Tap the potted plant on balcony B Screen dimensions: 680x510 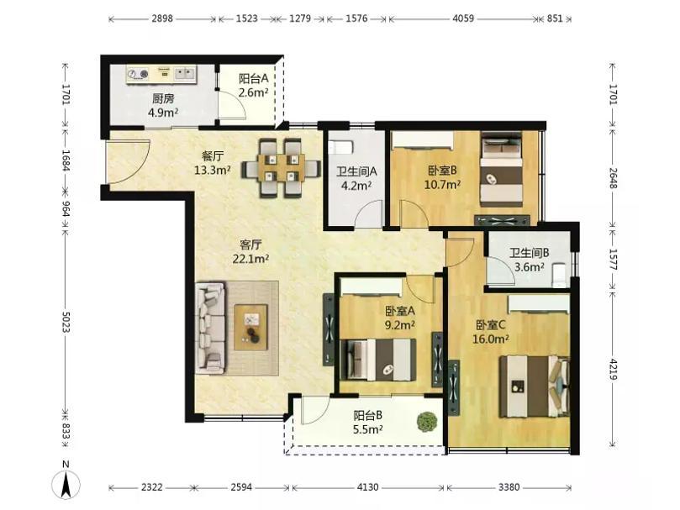[427, 421]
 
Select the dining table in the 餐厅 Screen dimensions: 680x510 [282, 167]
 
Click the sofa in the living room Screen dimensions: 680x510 [211, 328]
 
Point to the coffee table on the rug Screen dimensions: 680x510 [250, 327]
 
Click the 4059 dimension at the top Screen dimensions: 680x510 [463, 18]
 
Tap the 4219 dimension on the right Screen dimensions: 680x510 [613, 369]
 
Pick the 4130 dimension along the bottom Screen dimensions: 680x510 [367, 487]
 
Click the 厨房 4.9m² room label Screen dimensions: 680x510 [163, 106]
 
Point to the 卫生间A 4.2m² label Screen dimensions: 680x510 [356, 179]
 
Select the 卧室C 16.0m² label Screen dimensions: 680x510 [491, 332]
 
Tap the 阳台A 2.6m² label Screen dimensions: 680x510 [254, 86]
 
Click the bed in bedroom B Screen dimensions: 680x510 [502, 169]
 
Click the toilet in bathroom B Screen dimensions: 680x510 [560, 274]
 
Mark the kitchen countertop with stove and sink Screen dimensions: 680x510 [161, 74]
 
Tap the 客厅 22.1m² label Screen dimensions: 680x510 [250, 252]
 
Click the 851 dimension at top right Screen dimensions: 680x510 [555, 18]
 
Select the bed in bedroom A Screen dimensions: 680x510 [377, 360]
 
